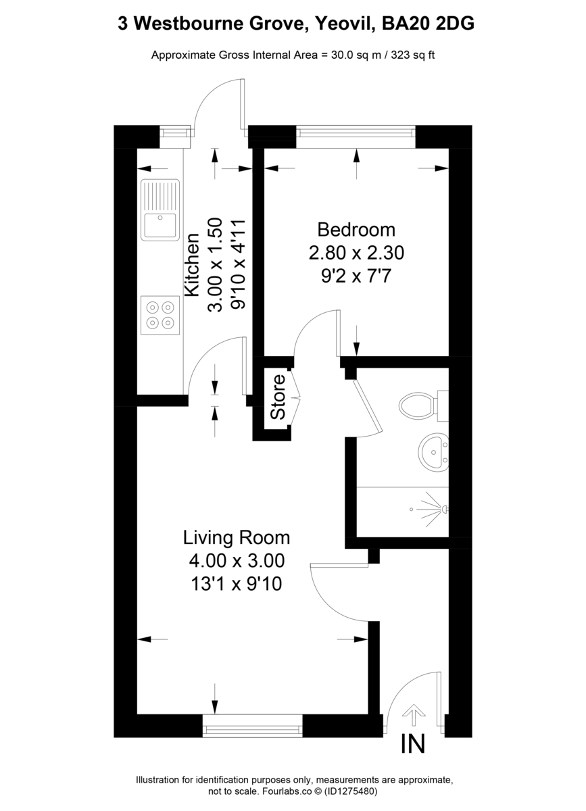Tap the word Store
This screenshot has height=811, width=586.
click(278, 402)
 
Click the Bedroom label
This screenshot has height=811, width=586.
click(356, 230)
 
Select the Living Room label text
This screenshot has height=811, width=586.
click(237, 538)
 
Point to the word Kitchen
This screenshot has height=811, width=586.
click(192, 264)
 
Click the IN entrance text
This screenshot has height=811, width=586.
click(413, 744)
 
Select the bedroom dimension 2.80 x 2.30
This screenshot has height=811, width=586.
click(356, 253)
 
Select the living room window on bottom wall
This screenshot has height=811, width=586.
click(252, 729)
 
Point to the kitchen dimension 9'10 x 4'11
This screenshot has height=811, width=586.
click(237, 264)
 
